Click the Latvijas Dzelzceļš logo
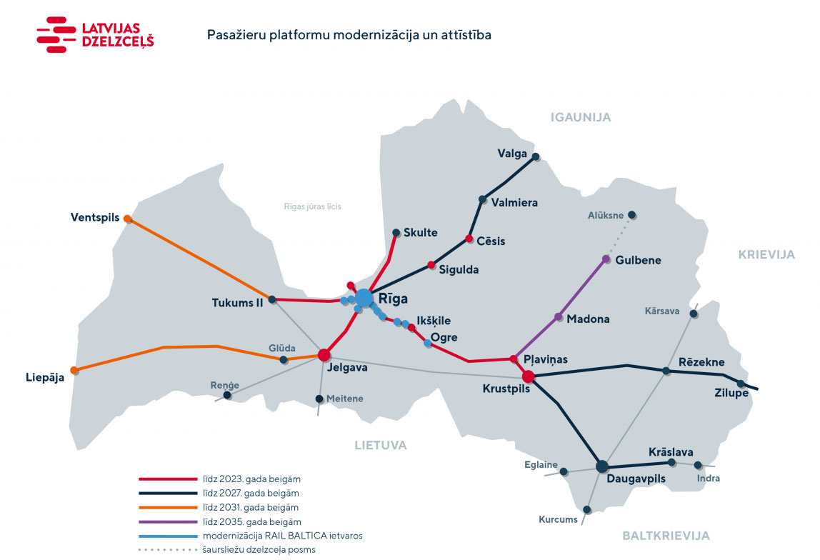95,35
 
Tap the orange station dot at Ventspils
128,219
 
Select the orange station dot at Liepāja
75,370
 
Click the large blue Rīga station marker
364,298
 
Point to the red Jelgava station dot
324,354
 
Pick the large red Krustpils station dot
529,376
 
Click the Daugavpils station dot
602,466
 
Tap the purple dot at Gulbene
606,259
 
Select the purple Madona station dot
559,316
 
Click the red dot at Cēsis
469,239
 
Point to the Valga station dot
535,156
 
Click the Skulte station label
420,233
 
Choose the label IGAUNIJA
581,118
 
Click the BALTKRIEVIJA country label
666,535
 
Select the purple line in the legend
167,521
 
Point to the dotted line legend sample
167,549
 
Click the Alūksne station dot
631,215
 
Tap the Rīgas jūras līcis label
312,206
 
